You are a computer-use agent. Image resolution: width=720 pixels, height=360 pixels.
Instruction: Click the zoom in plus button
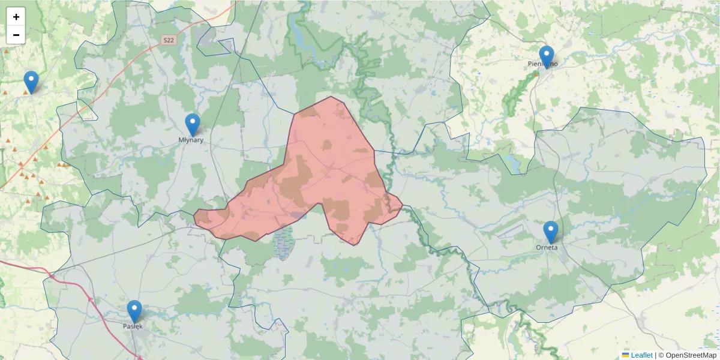tap(16, 17)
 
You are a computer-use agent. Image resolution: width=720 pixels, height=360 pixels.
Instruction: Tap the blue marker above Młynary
tap(192, 125)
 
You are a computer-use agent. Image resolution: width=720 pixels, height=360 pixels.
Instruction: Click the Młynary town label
tap(191, 140)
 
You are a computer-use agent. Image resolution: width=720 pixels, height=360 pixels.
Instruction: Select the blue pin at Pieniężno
tap(546, 57)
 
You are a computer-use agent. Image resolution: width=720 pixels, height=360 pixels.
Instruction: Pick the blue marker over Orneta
tap(550, 232)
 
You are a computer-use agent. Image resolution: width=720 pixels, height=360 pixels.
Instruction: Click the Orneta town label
tap(547, 247)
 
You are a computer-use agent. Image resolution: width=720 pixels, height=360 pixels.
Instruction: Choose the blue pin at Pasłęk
tap(134, 311)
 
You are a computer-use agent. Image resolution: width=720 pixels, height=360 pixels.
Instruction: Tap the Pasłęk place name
tap(133, 326)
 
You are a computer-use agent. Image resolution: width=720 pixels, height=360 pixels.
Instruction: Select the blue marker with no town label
tap(31, 82)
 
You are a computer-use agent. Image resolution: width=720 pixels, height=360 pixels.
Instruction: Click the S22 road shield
tap(169, 40)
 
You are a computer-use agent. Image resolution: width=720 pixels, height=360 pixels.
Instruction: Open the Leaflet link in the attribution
tap(641, 355)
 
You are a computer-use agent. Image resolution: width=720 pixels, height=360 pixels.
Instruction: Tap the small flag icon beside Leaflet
tap(626, 355)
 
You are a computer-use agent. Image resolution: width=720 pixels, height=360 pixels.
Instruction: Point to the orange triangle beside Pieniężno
tap(536, 75)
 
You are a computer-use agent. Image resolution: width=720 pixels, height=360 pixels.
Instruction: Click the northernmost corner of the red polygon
tap(331, 97)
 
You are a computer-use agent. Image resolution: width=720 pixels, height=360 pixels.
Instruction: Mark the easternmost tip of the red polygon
tap(403, 204)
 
